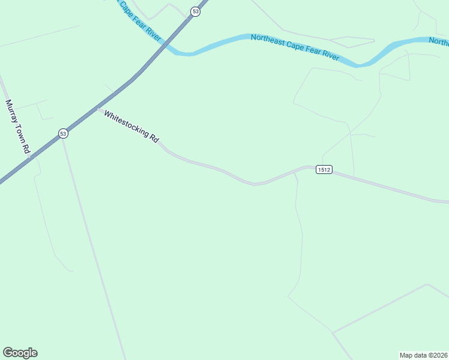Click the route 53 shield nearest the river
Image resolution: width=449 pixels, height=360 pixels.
coord(195,11)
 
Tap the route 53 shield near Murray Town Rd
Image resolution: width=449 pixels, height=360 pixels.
coord(63,133)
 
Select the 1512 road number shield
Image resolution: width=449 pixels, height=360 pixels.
coord(324,170)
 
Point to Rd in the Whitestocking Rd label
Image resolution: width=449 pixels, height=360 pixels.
coord(155,139)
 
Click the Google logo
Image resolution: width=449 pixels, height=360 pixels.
coord(20,353)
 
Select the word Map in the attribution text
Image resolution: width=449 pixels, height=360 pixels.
coord(406,355)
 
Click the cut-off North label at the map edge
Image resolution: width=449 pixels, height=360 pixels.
coord(439,41)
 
